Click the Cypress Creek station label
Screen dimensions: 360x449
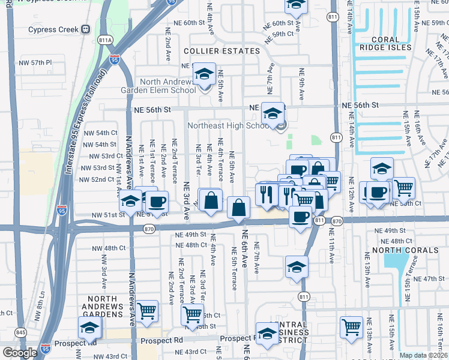click(x=53, y=29)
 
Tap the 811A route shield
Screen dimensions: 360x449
click(x=105, y=40)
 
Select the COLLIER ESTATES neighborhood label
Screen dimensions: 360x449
click(x=222, y=52)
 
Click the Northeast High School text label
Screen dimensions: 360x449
click(x=228, y=125)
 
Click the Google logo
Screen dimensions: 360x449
click(x=19, y=353)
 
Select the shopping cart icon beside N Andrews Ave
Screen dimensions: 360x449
click(x=146, y=311)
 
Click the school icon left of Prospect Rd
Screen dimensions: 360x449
click(x=89, y=328)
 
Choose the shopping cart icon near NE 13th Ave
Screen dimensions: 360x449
click(x=351, y=327)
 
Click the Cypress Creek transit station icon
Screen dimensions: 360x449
click(x=86, y=29)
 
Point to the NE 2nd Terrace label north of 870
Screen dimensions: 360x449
click(x=175, y=158)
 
